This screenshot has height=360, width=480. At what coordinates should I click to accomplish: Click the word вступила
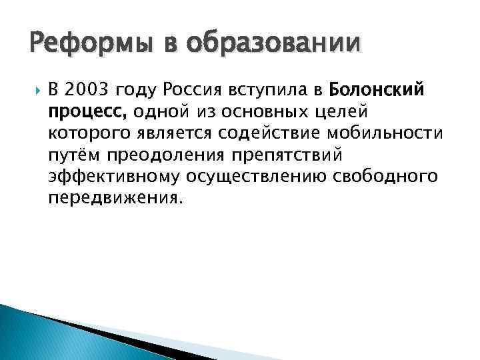pyautogui.click(x=259, y=89)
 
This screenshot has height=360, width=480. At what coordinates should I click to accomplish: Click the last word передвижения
pyautogui.click(x=115, y=199)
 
